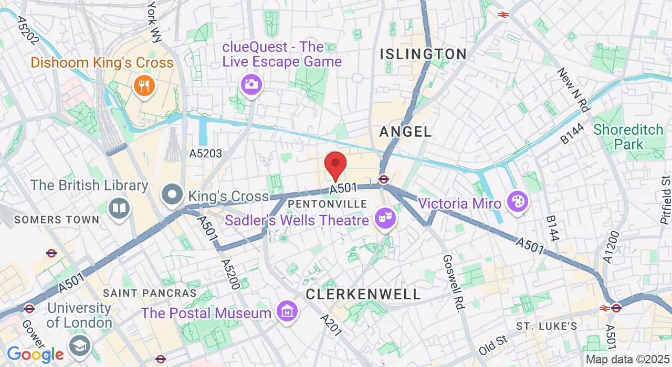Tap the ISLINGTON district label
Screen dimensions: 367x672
tap(423, 54)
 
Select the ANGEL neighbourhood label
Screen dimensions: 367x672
tap(405, 132)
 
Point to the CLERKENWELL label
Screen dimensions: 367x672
tap(363, 294)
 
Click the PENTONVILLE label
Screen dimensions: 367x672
tap(328, 203)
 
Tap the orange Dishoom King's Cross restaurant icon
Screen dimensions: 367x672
tap(143, 85)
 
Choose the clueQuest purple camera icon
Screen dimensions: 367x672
tap(251, 84)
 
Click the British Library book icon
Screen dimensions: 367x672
tap(119, 208)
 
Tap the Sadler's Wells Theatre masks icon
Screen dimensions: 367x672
tap(385, 217)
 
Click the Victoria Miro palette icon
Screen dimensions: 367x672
tap(518, 201)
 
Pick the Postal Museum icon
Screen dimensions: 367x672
tap(287, 312)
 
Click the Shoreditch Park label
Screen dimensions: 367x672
tap(628, 137)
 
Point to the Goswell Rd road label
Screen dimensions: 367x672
tap(451, 284)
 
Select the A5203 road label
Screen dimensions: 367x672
tap(206, 154)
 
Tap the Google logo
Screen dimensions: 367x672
tap(35, 355)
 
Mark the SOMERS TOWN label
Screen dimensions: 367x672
tap(57, 220)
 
